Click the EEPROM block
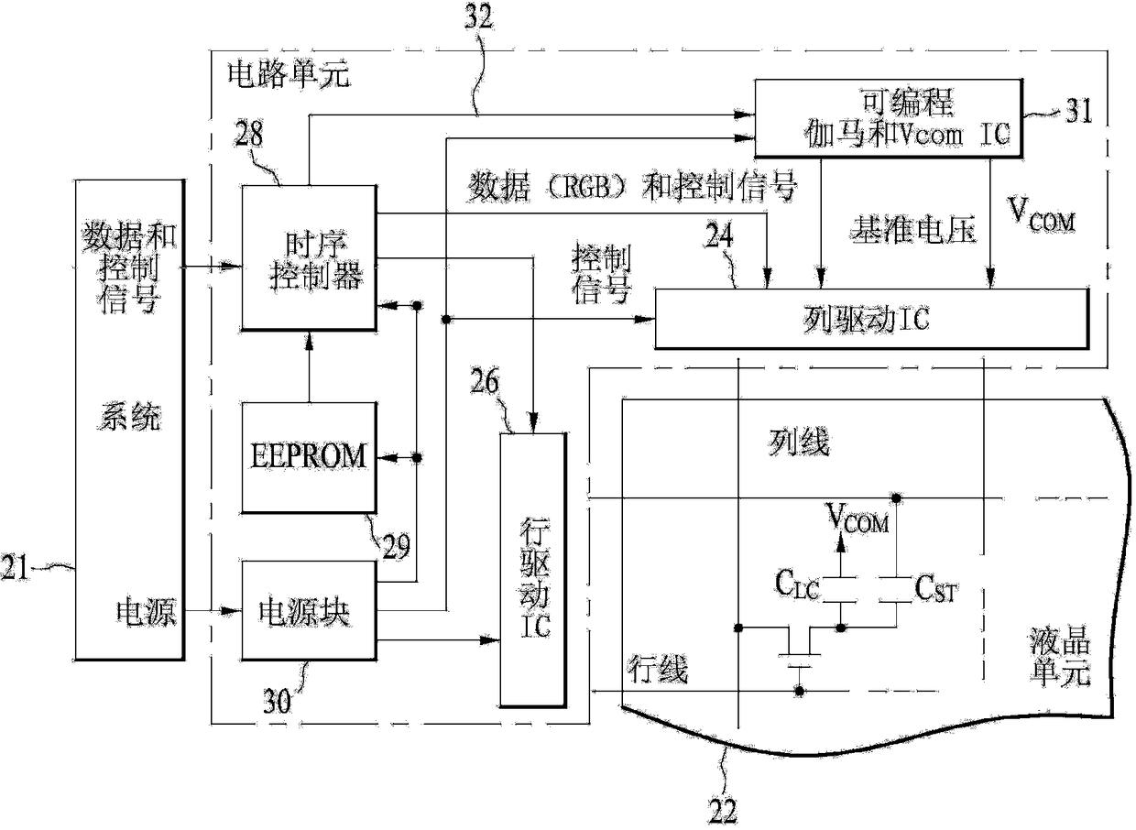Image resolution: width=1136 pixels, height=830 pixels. coord(309,457)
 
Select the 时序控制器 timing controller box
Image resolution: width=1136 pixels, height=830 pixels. coord(309,258)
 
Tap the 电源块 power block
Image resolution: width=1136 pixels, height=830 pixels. coord(309,610)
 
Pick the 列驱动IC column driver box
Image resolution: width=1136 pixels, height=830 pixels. coord(872,319)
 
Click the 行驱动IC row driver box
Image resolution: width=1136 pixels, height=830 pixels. coord(533,570)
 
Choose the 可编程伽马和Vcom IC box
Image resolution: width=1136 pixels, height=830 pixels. coord(889,118)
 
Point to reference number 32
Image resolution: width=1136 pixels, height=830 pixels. coord(479,17)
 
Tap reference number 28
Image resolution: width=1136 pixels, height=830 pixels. coord(249,134)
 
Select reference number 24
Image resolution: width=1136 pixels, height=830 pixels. coord(719,235)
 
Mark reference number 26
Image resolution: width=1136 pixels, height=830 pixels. coord(485,381)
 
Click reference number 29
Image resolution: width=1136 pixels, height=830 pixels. coord(396,546)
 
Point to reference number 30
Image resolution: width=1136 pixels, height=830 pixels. coord(277,702)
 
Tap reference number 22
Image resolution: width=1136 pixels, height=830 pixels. coord(722,812)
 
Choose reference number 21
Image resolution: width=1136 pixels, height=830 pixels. coord(15,567)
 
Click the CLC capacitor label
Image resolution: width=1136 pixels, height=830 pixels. coord(797,584)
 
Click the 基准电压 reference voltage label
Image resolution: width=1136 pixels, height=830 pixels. coord(913,230)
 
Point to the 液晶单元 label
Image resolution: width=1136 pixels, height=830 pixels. coord(1060,657)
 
